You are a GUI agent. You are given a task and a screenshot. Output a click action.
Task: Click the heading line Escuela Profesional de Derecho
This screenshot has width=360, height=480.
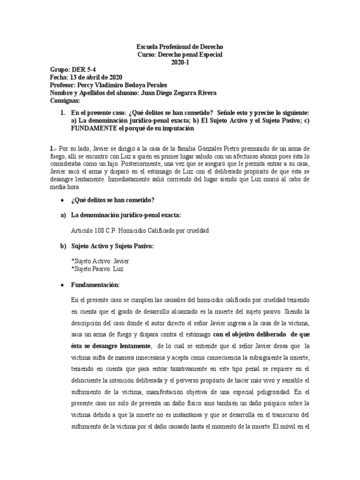tap(180, 47)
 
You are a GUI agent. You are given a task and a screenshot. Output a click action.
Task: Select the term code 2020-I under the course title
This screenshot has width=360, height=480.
tap(180, 62)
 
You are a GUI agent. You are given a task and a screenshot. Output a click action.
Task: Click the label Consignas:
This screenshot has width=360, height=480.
tap(65, 100)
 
